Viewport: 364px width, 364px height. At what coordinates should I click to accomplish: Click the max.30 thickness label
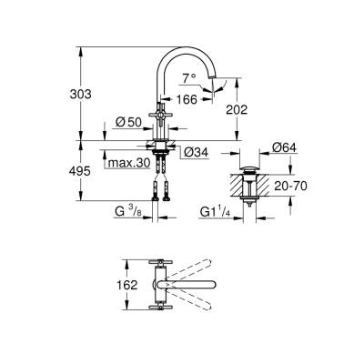128,165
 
